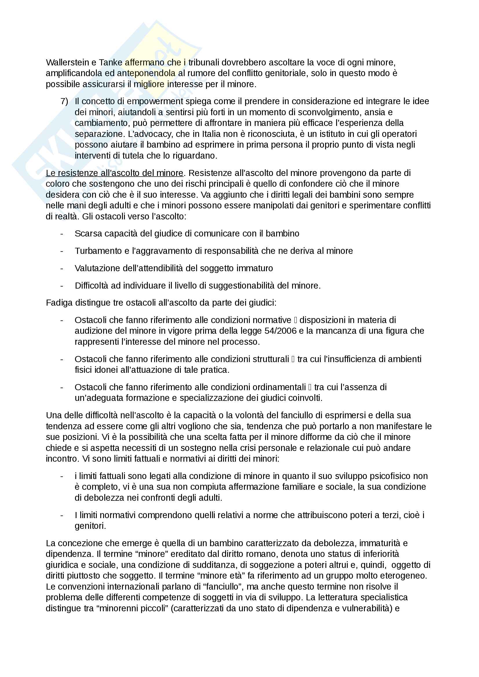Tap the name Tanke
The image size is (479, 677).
pos(110,63)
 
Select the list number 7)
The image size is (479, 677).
pos(64,101)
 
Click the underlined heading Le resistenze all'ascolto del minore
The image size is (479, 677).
pos(114,173)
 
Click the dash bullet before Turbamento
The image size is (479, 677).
pos(62,251)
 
